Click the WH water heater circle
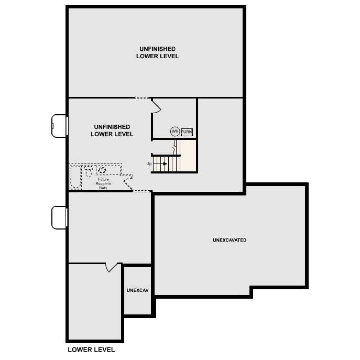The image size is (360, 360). [x=174, y=132]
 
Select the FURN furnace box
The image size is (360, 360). [x=187, y=132]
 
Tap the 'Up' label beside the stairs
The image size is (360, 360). [x=149, y=164]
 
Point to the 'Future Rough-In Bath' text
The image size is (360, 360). [x=103, y=183]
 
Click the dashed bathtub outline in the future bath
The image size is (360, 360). [x=75, y=177]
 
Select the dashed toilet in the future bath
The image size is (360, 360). [x=89, y=171]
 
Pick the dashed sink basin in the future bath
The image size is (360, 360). [x=102, y=170]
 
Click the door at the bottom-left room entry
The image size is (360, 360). [x=112, y=267]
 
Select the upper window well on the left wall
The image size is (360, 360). [x=59, y=126]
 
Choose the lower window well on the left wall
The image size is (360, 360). [x=59, y=217]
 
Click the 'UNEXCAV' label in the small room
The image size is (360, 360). [x=137, y=290]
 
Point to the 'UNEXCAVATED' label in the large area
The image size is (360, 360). [x=230, y=241]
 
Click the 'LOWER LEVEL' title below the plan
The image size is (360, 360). [x=91, y=350]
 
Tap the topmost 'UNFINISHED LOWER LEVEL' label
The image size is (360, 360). [x=157, y=52]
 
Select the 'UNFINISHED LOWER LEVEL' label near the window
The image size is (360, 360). [x=112, y=130]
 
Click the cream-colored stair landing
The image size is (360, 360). [x=189, y=156]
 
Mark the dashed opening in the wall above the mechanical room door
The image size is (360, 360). [x=142, y=97]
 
